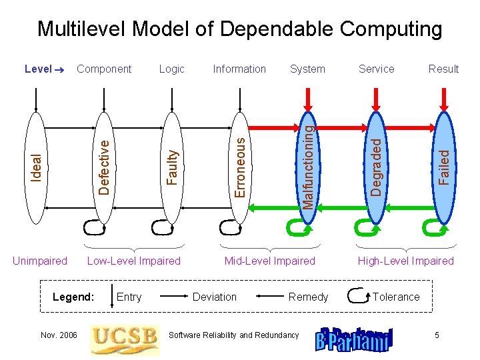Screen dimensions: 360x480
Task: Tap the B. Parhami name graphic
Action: click(354, 338)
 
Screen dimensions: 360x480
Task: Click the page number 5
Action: click(437, 335)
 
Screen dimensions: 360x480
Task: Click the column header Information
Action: click(239, 69)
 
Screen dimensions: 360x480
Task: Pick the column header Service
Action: click(377, 69)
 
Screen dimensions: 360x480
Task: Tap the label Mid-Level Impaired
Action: click(270, 261)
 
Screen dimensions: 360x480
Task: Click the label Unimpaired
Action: click(40, 261)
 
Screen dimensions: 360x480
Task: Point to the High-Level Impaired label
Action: click(405, 261)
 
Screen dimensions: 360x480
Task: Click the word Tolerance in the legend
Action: click(396, 297)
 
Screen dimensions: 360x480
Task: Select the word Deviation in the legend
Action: click(215, 297)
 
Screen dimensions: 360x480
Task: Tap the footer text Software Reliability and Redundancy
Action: click(234, 335)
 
